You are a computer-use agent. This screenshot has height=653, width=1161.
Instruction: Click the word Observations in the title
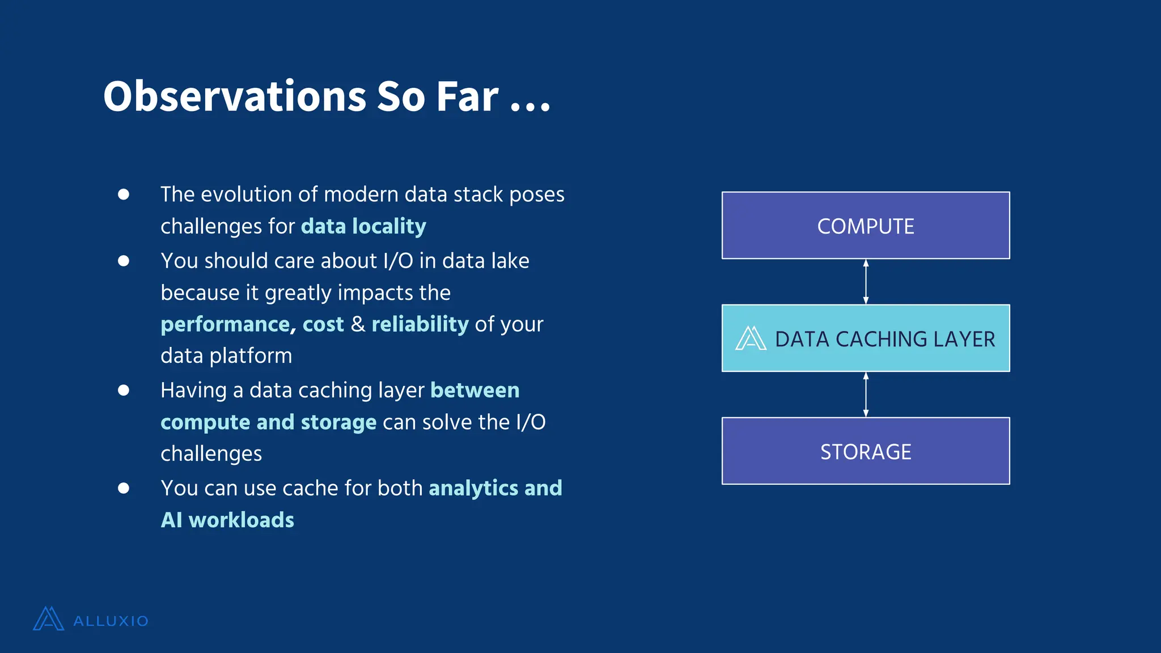(x=235, y=96)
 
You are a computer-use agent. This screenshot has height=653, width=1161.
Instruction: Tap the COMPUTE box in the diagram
(x=865, y=226)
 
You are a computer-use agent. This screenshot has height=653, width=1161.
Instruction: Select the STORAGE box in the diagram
(x=865, y=451)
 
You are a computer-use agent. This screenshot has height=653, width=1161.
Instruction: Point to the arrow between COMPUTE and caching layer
(x=866, y=282)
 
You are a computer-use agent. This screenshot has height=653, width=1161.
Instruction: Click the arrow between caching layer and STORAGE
(x=866, y=395)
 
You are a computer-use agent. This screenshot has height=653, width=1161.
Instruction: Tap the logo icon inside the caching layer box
(x=751, y=338)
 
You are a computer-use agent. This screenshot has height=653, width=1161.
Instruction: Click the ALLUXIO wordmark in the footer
(x=111, y=621)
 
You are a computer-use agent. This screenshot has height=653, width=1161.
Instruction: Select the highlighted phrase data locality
(x=363, y=226)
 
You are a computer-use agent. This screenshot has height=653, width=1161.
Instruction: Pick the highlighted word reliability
(x=420, y=324)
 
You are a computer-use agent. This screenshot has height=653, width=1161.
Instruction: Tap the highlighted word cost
(x=323, y=324)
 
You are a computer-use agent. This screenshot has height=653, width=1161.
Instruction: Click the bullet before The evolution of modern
(x=124, y=194)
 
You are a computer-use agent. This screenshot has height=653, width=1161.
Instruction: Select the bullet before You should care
(x=124, y=261)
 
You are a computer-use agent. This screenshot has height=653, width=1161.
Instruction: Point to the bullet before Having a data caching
(x=124, y=390)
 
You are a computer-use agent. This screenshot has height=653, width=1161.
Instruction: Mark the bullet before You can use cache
(x=124, y=488)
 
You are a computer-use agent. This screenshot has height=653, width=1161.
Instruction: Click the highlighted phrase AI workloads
(x=227, y=520)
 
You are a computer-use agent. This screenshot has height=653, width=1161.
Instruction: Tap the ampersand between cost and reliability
(x=358, y=324)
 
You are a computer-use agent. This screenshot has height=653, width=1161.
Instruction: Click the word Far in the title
(x=467, y=96)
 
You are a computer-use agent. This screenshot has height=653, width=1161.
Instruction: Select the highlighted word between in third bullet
(x=474, y=390)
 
